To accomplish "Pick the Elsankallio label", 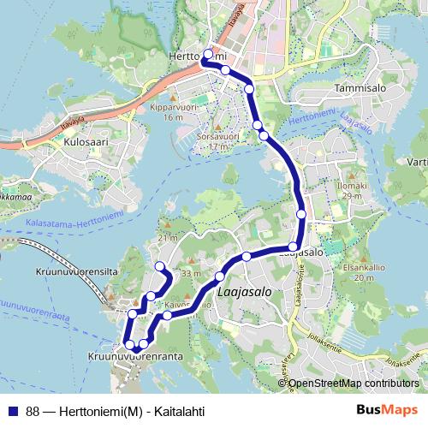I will point(360,267).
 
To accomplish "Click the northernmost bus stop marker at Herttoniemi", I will point(209,54).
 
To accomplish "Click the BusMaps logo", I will point(386,410).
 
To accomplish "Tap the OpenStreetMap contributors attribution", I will point(353,383).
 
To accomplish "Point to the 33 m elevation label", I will point(190,274).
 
